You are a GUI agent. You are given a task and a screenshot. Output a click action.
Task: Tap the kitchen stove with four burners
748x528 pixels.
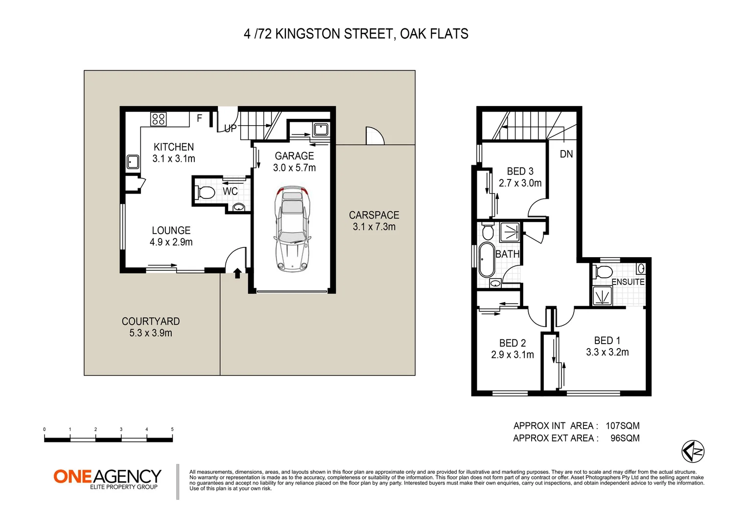pos(158,119)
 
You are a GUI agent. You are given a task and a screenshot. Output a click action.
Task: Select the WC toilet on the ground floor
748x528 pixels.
pos(204,193)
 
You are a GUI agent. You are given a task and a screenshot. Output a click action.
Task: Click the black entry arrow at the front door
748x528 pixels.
pos(237,273)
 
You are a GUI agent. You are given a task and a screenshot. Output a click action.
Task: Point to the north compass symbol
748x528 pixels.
pos(693,451)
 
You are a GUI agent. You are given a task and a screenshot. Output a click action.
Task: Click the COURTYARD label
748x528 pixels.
pos(151,321)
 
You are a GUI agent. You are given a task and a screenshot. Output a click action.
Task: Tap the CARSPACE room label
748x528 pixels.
pos(374,215)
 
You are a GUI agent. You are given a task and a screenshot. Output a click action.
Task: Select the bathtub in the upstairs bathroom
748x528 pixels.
pos(486,260)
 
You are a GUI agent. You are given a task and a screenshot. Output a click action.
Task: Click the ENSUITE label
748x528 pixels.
pos(628,282)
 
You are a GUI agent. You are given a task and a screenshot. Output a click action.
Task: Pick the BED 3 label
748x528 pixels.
pos(520,171)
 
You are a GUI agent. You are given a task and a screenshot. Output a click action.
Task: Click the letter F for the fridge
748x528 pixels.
pos(199,118)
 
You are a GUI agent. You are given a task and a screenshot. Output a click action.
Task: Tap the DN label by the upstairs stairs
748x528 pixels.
pos(566,154)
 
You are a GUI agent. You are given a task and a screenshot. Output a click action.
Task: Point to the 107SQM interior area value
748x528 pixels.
pos(623,426)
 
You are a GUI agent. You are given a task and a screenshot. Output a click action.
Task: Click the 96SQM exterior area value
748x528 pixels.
pos(625,438)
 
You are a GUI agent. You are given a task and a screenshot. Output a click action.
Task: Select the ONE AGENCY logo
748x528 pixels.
pos(107,479)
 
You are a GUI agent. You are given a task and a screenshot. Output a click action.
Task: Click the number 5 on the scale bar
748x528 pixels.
pos(172,429)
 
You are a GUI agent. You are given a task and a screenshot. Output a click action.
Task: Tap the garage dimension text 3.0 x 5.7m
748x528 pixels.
pos(294,167)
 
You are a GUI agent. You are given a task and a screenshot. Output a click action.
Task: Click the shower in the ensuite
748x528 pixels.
pos(603,296)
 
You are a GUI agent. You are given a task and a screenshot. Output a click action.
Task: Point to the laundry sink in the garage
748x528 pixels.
pos(321,129)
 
